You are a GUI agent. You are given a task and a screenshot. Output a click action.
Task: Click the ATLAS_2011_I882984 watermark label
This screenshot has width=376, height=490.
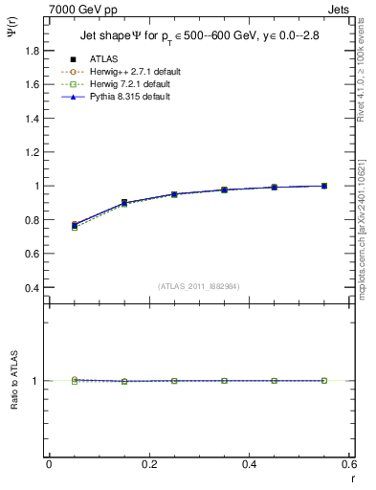pyautogui.click(x=199, y=285)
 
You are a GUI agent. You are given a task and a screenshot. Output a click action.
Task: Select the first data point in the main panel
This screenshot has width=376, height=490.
pyautogui.click(x=75, y=225)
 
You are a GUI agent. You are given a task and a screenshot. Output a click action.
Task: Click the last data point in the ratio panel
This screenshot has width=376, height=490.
pyautogui.click(x=324, y=381)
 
